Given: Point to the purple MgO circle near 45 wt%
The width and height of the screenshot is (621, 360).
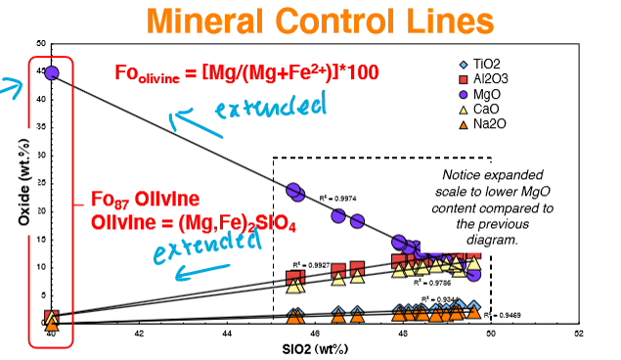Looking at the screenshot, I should [52, 72].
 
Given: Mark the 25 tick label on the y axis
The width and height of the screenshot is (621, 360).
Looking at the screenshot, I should [39, 184].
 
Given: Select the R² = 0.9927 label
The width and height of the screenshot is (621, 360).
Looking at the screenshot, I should [307, 264].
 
